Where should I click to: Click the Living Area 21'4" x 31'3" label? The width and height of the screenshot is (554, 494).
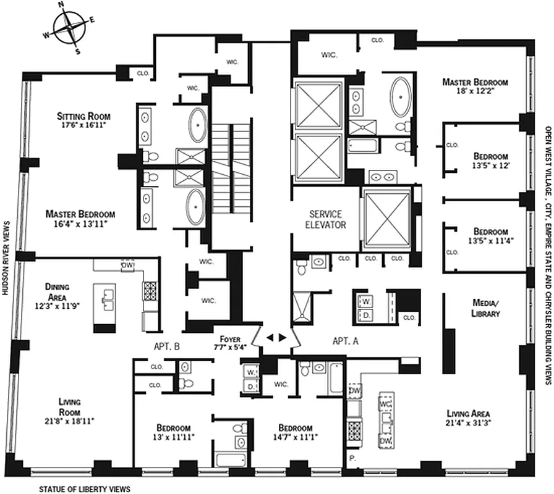pyautogui.click(x=468, y=418)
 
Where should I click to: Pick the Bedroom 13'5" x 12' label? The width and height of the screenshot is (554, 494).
pyautogui.click(x=491, y=161)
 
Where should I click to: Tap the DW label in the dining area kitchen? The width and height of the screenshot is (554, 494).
pyautogui.click(x=128, y=265)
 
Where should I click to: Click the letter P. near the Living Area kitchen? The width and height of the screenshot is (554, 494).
pyautogui.click(x=353, y=459)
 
